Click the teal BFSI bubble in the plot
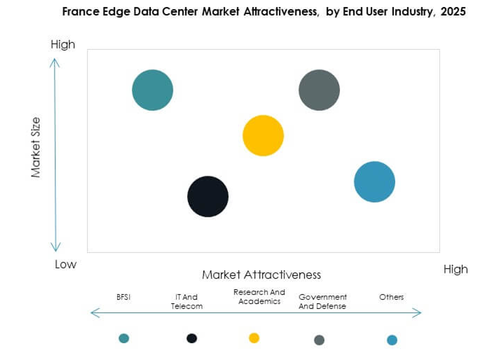point(152,90)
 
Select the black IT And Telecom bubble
point(208,196)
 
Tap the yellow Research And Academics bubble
point(263,136)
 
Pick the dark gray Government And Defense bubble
point(319,90)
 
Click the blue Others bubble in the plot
point(374,182)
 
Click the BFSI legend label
point(124,297)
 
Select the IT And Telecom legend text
point(187,301)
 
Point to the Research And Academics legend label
point(259,297)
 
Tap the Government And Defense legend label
point(323,301)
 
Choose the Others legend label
point(392,297)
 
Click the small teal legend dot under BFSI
point(124,338)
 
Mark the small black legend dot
point(191,338)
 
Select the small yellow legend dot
point(254,338)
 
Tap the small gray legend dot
point(319,340)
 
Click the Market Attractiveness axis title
point(261,274)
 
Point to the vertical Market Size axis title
point(36,147)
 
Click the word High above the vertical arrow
point(63,44)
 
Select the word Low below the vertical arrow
point(66,265)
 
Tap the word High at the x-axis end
point(455,269)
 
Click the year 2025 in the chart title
point(452,11)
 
